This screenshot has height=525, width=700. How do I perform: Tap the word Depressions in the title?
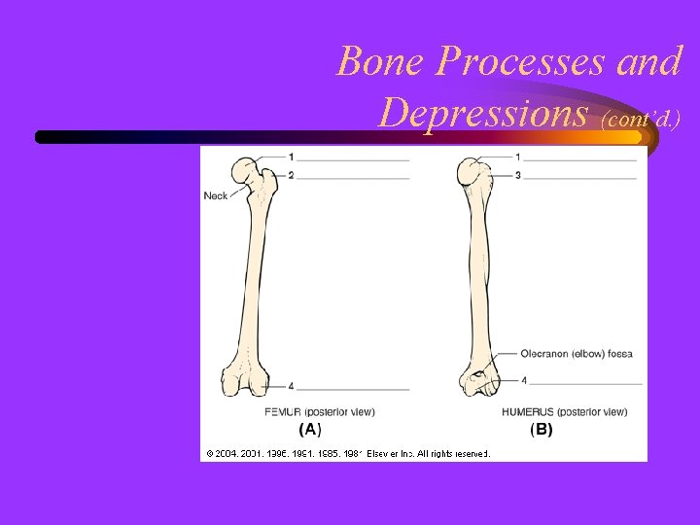(484, 114)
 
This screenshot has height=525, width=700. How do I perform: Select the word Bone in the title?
(379, 62)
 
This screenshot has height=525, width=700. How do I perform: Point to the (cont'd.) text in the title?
(641, 119)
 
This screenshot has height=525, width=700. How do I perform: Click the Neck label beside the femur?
(216, 195)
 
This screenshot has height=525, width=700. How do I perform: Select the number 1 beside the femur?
(291, 157)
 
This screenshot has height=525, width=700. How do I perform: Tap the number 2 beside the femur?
(291, 175)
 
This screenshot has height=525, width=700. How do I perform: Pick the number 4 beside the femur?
(291, 386)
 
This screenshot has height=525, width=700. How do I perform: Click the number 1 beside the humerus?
(517, 157)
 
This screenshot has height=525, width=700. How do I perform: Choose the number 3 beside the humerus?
(517, 175)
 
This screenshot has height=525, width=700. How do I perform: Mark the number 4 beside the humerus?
(524, 380)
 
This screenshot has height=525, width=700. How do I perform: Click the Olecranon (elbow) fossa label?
(577, 354)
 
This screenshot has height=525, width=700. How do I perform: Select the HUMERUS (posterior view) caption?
(564, 412)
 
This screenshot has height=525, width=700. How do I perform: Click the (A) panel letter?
(309, 429)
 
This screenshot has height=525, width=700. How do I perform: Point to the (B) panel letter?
(541, 429)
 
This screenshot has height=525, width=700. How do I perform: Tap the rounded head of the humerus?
(473, 173)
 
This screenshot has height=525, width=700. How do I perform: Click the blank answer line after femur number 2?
(353, 178)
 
